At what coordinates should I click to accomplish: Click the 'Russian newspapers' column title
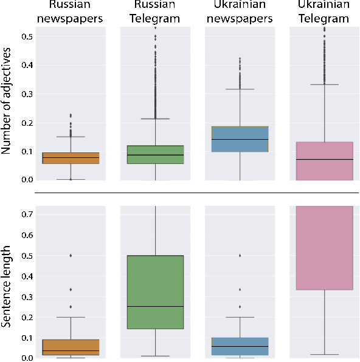pyautogui.click(x=70, y=12)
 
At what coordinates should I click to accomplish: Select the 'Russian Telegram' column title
pyautogui.click(x=155, y=12)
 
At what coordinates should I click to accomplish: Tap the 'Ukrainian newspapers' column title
pyautogui.click(x=240, y=12)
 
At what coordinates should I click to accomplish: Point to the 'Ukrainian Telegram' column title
pyautogui.click(x=324, y=12)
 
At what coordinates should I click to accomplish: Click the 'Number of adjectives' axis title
pyautogui.click(x=9, y=104)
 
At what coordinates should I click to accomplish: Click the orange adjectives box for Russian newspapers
pyautogui.click(x=71, y=159)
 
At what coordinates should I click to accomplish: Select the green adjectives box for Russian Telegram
pyautogui.click(x=155, y=155)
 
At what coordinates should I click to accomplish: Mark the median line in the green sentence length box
pyautogui.click(x=155, y=306)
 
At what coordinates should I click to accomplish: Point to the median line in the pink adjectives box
pyautogui.click(x=324, y=159)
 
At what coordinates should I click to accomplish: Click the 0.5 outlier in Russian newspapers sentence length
pyautogui.click(x=71, y=256)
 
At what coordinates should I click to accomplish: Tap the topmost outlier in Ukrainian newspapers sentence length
pyautogui.click(x=240, y=256)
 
